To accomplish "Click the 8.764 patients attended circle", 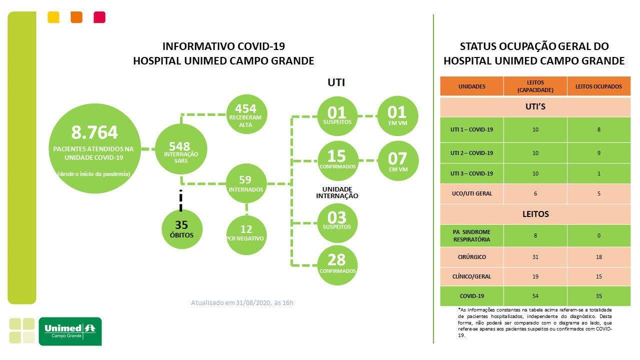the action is pos(95,148).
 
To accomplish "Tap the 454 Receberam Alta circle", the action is pos(246,114).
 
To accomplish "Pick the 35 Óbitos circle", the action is pos(181,229).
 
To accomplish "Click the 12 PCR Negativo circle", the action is pos(246,235).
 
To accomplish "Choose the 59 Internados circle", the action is pos(246,183).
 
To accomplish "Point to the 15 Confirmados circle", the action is pos(337,161).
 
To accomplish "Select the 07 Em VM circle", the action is pos(398,161).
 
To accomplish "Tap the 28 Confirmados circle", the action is pos(337,265).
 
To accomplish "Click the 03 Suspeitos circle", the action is pos(337,223).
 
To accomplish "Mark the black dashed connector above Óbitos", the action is pos(180,200).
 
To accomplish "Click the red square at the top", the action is pos(99,17).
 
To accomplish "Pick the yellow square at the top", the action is pos(53,17).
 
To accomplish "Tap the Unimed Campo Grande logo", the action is pos(70,331).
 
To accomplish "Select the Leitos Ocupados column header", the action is pos(598,86).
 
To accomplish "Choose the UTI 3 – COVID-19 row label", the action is pos(471,173).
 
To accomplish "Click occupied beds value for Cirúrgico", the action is pos(599,257).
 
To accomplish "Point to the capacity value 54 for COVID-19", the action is pos(535,296).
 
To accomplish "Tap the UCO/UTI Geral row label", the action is pos(472,193).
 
